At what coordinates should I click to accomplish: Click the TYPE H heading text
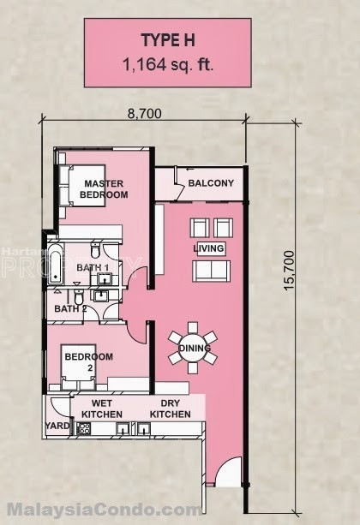[168, 40]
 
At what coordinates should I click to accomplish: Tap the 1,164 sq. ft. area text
[168, 64]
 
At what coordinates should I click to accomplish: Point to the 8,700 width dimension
[145, 114]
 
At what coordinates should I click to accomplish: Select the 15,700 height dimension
[288, 271]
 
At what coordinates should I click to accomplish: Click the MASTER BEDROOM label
[104, 189]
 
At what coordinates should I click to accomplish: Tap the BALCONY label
[211, 183]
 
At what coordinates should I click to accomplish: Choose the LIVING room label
[208, 248]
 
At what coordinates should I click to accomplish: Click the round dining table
[193, 349]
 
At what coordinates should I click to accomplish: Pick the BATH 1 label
[93, 267]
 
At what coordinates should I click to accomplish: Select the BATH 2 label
[70, 308]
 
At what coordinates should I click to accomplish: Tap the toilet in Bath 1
[95, 250]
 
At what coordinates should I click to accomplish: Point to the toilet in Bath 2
[78, 296]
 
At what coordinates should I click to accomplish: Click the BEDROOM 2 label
[89, 362]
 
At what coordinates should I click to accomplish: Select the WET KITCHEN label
[102, 409]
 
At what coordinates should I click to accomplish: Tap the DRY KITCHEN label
[171, 409]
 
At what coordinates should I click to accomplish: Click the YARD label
[57, 426]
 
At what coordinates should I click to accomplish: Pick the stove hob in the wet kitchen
[83, 428]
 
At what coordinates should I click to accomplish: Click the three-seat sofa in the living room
[211, 271]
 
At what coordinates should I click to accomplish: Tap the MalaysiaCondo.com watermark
[105, 510]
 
